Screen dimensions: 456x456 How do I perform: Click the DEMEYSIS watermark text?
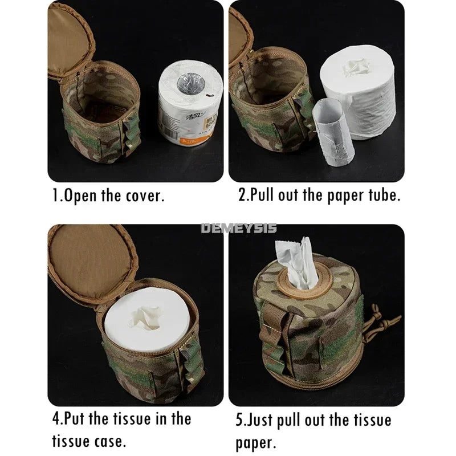coord(239,228)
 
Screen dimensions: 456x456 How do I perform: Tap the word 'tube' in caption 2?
coord(383,196)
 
